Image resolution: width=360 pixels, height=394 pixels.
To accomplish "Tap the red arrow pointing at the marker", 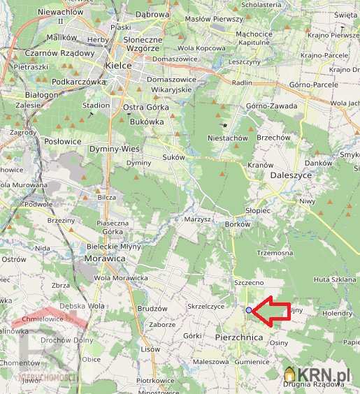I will (x=273, y=312).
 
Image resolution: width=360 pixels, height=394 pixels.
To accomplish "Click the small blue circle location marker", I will (x=249, y=309).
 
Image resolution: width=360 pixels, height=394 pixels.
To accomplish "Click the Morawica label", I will (x=106, y=258).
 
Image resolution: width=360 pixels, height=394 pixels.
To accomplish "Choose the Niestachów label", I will (x=228, y=138).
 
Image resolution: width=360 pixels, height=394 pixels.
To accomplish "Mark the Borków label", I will (x=238, y=224).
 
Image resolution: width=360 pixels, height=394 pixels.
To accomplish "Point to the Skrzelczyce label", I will (x=206, y=306).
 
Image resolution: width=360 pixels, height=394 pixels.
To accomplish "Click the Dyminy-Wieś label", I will (x=115, y=149).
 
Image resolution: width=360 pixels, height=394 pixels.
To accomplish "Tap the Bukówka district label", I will (x=147, y=121).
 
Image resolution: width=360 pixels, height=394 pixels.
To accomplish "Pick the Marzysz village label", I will (x=198, y=219).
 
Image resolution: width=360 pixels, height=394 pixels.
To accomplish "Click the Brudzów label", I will (x=153, y=308).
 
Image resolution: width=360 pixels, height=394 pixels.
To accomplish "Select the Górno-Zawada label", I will (x=272, y=106).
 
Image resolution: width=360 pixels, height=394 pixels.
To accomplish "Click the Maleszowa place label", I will (x=211, y=362).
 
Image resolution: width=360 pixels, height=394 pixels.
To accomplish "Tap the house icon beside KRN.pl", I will (x=289, y=374).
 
